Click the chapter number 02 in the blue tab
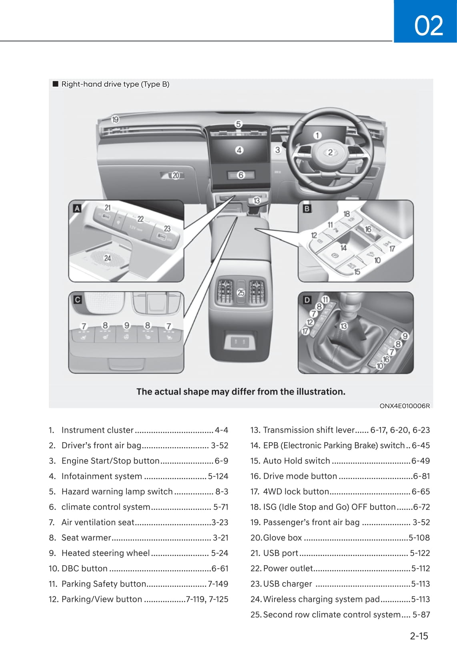(x=429, y=26)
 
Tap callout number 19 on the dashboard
(x=115, y=119)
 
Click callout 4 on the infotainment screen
(x=239, y=150)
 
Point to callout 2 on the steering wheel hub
(x=330, y=152)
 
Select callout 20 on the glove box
(x=176, y=175)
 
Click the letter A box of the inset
(x=77, y=208)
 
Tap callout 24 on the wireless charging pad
(x=107, y=258)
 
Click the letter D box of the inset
(x=307, y=299)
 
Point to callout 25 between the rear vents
(x=241, y=293)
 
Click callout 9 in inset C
(x=126, y=325)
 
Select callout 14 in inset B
(x=343, y=248)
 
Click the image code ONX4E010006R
(x=405, y=406)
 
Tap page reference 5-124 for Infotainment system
(x=218, y=476)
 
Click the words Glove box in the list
(x=282, y=538)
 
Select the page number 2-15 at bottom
(x=419, y=636)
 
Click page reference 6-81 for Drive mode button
(x=421, y=476)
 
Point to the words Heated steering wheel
(x=105, y=553)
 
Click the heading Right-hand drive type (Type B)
(x=115, y=84)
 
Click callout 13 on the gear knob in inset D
(x=343, y=326)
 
